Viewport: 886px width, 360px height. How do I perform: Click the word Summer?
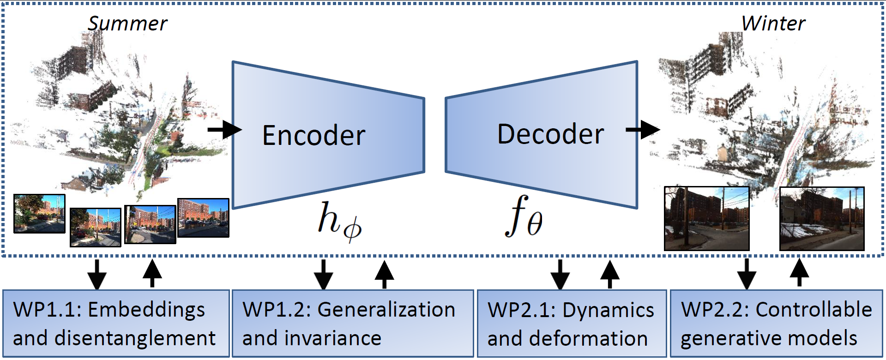(x=127, y=24)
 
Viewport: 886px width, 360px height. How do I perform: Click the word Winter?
(x=773, y=24)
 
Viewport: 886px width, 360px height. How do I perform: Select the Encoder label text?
(x=313, y=135)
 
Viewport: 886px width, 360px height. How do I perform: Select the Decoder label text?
(x=550, y=134)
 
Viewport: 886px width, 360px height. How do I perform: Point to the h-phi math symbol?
(x=339, y=221)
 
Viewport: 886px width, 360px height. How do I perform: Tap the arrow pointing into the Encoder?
(x=224, y=130)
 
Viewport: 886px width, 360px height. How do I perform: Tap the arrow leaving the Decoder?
(x=643, y=129)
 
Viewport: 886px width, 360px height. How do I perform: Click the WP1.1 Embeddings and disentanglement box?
(x=115, y=324)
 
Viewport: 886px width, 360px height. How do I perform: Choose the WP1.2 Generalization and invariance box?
(x=352, y=324)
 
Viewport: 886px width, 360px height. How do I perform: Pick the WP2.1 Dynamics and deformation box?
(x=571, y=324)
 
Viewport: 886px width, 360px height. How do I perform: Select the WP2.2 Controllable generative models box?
(x=776, y=324)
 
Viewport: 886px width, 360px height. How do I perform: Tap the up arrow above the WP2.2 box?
(x=800, y=272)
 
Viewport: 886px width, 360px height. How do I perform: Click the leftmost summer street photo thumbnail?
(x=39, y=213)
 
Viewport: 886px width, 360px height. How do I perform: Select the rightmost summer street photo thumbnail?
(x=203, y=217)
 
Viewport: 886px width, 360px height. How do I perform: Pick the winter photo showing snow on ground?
(x=821, y=219)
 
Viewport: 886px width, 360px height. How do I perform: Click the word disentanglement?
(x=134, y=338)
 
